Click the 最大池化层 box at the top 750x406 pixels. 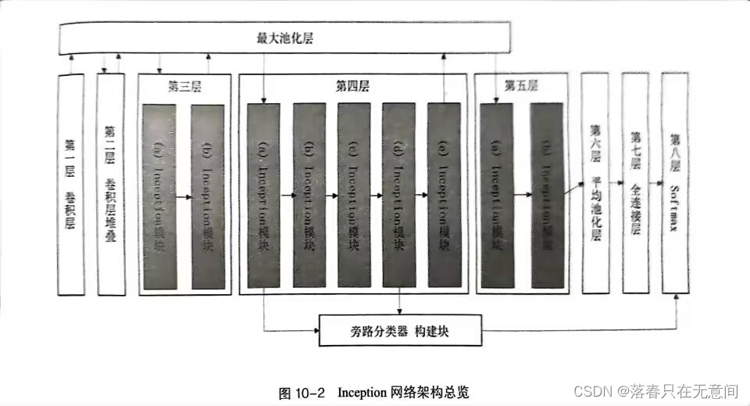click(x=285, y=38)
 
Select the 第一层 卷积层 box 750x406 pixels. click(x=73, y=184)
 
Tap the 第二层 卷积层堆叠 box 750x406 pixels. click(x=110, y=184)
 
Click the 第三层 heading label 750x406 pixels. click(x=184, y=87)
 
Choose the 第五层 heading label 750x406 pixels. click(x=520, y=85)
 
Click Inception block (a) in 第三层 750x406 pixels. click(x=160, y=196)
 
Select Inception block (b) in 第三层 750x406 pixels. click(x=207, y=196)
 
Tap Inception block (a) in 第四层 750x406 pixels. click(x=263, y=196)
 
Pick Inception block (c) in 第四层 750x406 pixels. click(x=354, y=196)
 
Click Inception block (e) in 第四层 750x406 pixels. click(x=444, y=196)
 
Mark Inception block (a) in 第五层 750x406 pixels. click(x=496, y=196)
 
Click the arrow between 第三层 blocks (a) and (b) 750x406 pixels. click(x=184, y=197)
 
